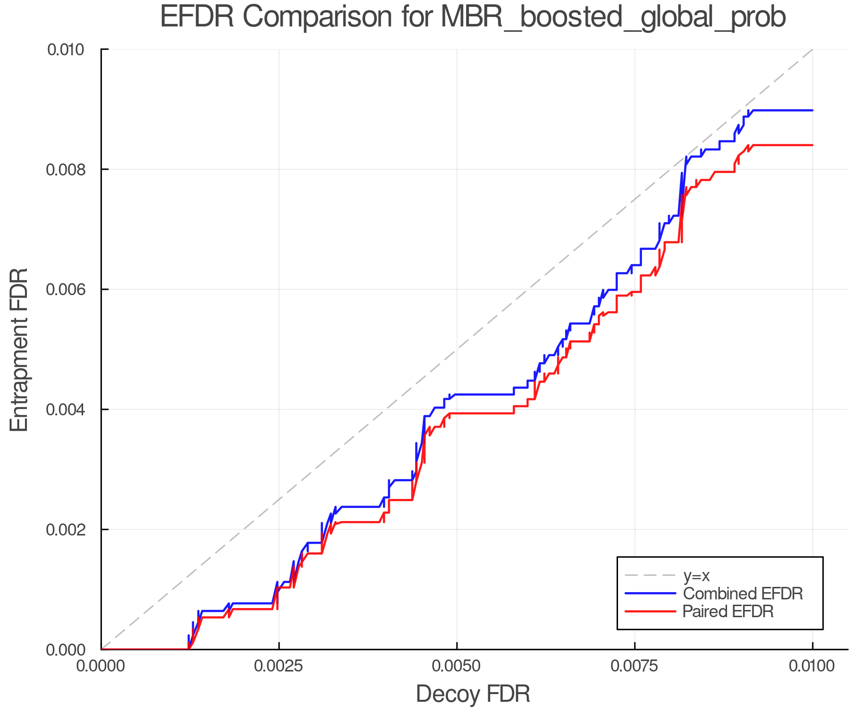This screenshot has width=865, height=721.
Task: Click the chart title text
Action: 473,17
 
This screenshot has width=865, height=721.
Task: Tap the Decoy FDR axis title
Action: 473,694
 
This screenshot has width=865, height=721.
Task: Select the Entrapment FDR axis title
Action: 19,349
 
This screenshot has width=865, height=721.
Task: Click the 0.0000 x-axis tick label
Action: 101,666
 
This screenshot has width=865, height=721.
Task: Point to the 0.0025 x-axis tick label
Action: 279,666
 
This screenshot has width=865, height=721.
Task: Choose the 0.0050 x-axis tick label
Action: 457,666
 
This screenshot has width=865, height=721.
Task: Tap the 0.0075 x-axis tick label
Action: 635,666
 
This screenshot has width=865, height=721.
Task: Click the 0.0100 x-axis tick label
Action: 812,666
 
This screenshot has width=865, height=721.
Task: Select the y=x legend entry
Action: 696,576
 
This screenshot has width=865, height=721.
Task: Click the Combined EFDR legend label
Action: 742,594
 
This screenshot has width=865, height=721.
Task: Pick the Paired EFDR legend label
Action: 728,611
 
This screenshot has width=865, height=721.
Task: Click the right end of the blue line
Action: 812,111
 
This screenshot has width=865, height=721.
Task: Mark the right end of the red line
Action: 812,145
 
